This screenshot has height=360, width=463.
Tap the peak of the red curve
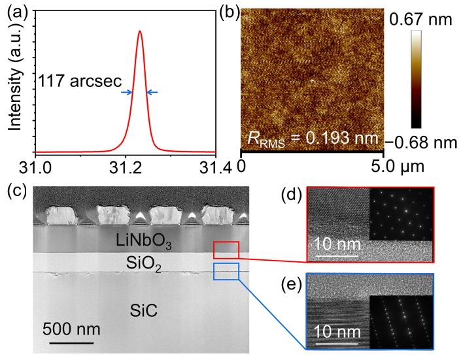(x=139, y=31)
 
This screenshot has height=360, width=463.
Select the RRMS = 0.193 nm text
(x=312, y=137)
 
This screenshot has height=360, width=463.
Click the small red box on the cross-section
(x=226, y=250)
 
